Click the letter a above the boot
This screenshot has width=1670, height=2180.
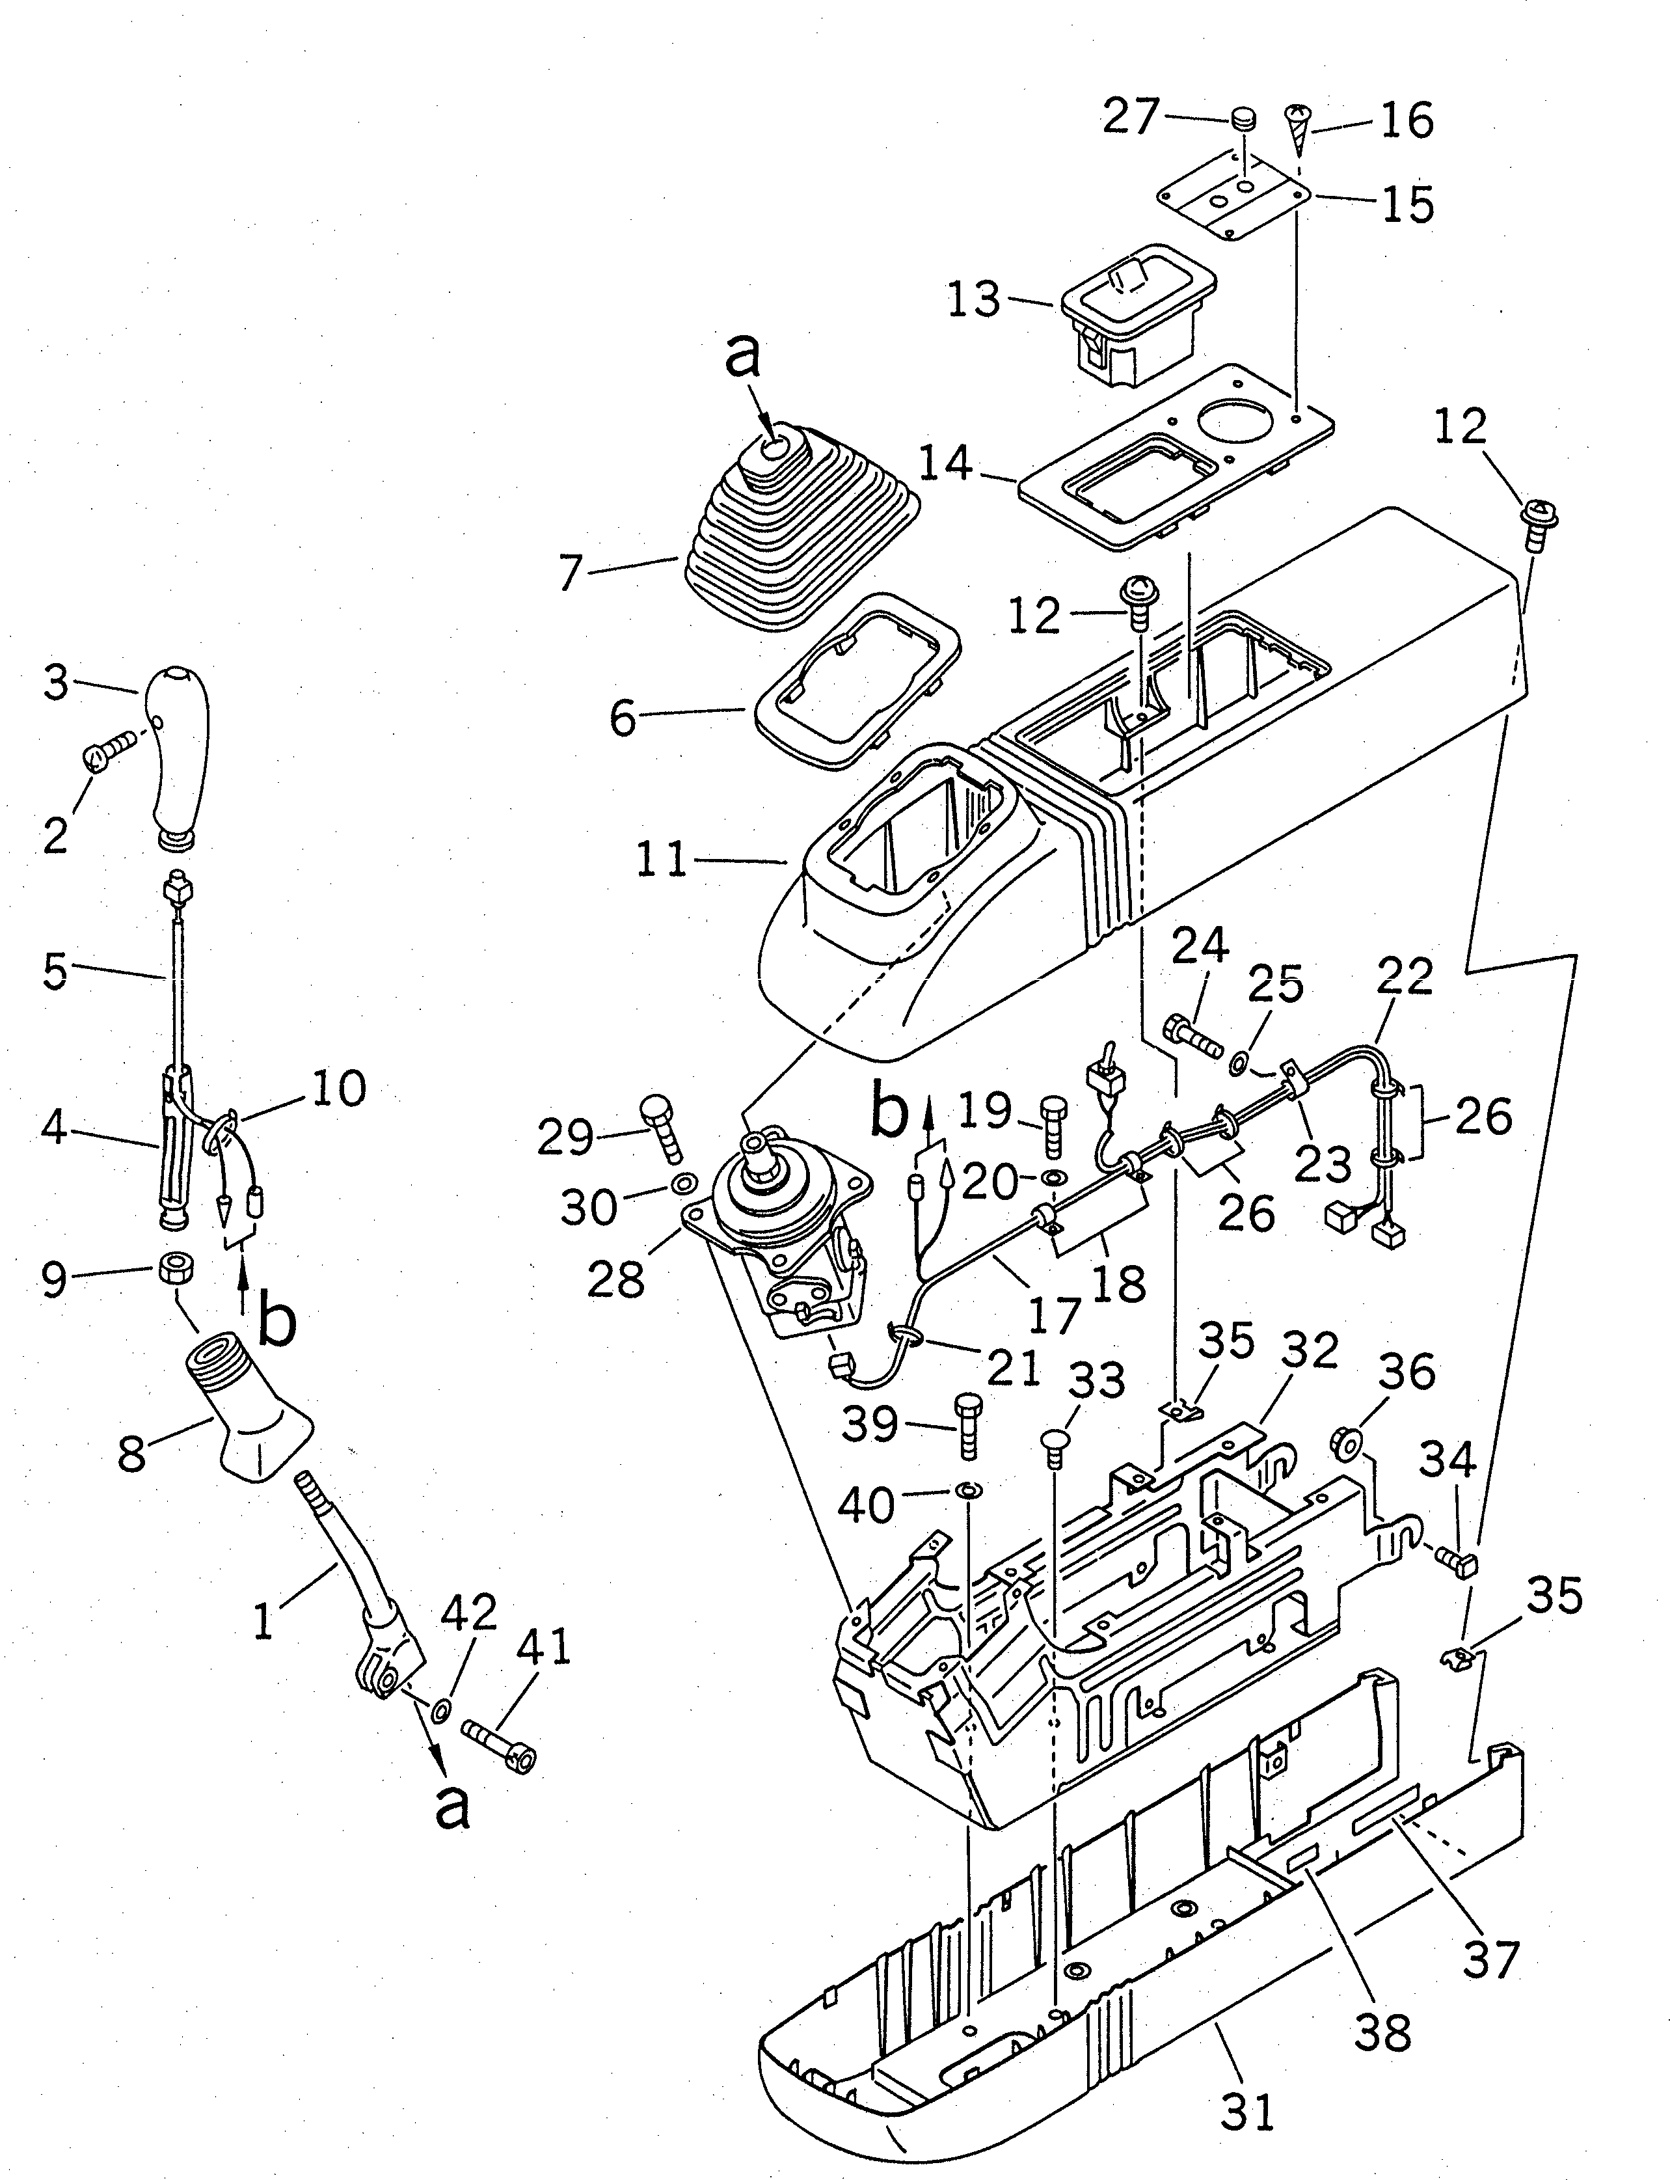click(742, 357)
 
